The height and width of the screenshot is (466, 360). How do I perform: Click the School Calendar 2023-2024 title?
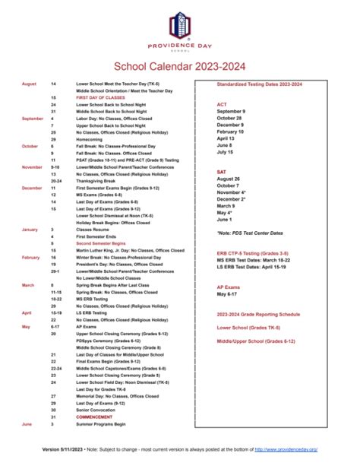[x=180, y=67]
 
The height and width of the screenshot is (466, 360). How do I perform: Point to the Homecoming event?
[x=90, y=140]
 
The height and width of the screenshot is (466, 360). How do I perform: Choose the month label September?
[x=33, y=119]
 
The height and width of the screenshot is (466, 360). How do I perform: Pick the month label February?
[x=30, y=257]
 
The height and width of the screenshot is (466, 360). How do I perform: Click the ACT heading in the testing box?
[x=222, y=104]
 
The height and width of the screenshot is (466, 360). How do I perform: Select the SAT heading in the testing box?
[x=222, y=172]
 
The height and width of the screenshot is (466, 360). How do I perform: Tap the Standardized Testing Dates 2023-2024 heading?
[x=259, y=84]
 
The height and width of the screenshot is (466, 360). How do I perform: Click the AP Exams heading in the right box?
[x=229, y=287]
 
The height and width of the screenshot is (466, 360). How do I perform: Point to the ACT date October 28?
[x=230, y=119]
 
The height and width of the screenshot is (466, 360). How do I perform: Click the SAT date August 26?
[x=229, y=179]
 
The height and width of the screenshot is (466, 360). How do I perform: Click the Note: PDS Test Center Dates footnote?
[x=248, y=233]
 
